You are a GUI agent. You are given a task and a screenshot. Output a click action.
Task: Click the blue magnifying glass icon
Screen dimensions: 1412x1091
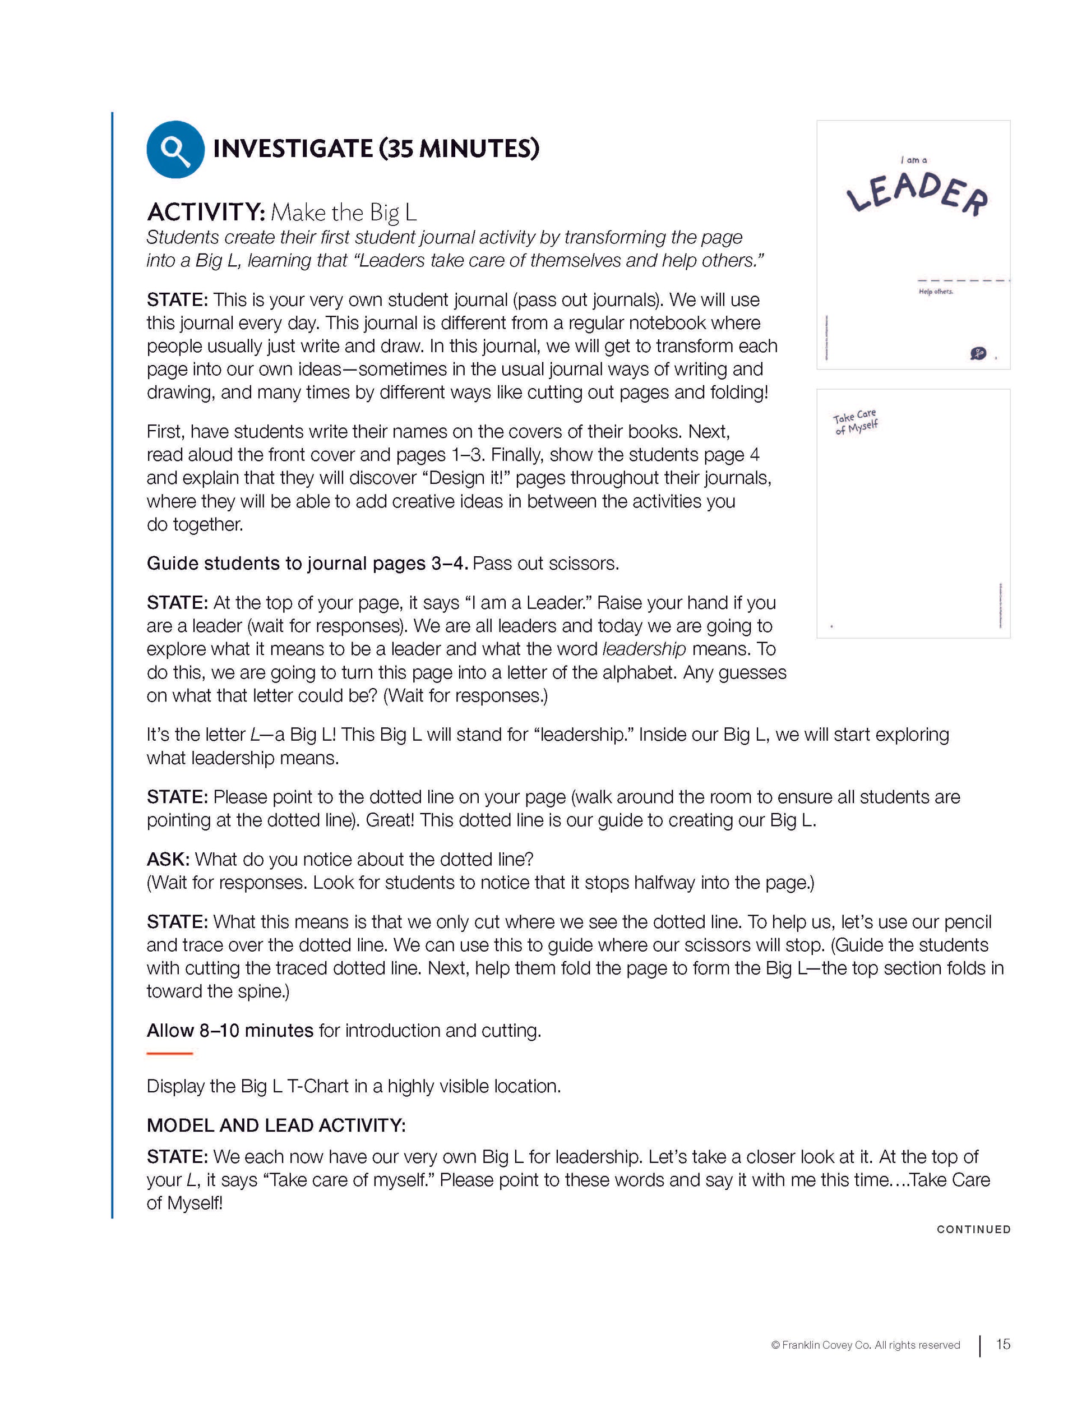175,149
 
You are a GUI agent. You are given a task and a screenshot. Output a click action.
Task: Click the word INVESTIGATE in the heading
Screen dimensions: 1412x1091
292,149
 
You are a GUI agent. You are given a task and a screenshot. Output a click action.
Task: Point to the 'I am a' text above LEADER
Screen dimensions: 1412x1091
913,160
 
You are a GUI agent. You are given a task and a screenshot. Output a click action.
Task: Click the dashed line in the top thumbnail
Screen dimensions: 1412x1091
963,280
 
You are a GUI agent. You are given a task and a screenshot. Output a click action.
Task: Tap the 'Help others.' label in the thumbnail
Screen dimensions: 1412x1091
935,292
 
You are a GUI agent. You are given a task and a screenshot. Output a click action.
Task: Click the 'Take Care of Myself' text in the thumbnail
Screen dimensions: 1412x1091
855,422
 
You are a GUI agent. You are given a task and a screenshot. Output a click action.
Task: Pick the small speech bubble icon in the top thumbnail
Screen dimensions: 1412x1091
977,353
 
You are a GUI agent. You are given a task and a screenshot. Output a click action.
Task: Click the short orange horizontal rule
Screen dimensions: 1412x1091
169,1053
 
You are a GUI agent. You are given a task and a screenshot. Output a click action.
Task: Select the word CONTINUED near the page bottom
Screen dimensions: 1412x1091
973,1229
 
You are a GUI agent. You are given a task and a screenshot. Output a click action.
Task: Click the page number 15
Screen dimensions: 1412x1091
1002,1344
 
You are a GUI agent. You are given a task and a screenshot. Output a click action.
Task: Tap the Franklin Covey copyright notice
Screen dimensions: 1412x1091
865,1345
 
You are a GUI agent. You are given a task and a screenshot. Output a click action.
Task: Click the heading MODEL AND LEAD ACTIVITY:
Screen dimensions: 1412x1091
276,1125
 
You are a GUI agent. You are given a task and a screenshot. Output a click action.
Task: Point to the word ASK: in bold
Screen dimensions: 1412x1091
168,859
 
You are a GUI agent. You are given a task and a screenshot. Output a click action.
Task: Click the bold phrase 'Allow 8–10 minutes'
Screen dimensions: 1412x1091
230,1030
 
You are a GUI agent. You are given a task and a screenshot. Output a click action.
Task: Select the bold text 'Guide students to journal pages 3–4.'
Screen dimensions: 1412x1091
307,563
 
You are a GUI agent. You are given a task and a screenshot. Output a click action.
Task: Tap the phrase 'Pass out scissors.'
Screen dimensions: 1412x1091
545,563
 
